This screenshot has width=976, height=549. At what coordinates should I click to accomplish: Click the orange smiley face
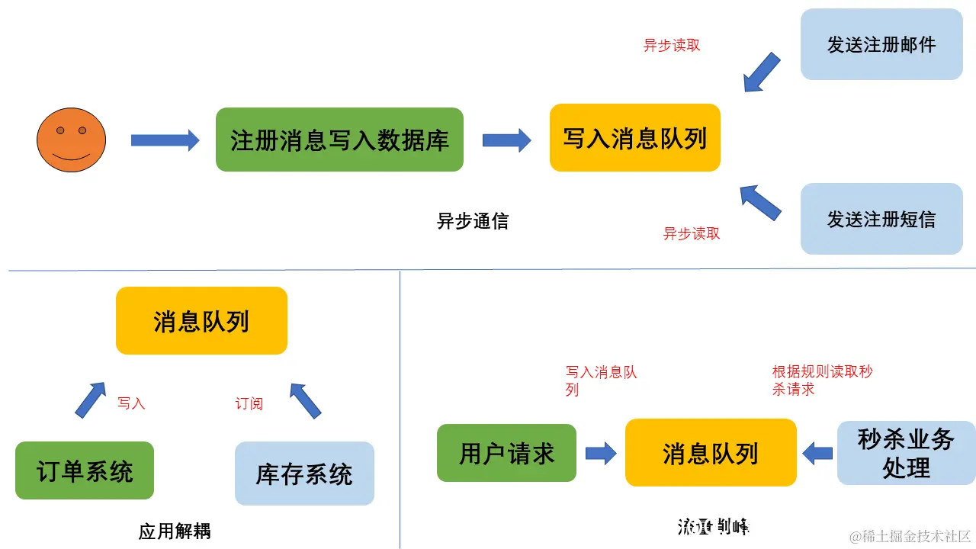click(x=71, y=140)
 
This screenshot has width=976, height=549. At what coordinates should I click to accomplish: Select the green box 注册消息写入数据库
click(x=339, y=140)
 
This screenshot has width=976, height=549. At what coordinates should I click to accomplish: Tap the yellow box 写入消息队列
click(x=634, y=138)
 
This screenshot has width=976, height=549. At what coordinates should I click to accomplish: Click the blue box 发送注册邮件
click(x=881, y=44)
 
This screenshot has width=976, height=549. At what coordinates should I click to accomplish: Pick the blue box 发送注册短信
click(x=881, y=219)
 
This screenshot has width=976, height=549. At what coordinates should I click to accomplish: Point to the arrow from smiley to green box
click(x=165, y=140)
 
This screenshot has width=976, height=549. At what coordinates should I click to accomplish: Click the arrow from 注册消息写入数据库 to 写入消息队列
click(x=506, y=140)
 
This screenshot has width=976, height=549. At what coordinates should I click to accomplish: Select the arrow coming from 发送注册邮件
click(x=761, y=72)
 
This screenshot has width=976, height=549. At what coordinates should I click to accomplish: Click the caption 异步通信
click(x=472, y=221)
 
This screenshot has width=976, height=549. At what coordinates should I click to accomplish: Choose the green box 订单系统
click(x=85, y=470)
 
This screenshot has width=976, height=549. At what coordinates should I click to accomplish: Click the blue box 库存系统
click(x=304, y=474)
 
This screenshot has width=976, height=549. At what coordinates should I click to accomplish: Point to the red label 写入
click(x=131, y=403)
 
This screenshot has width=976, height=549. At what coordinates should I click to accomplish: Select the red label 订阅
click(x=249, y=403)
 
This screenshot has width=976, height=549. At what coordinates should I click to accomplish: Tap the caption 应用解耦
click(x=175, y=531)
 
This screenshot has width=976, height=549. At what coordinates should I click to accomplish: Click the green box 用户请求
click(x=506, y=453)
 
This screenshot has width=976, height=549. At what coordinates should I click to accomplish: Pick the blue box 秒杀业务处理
click(x=906, y=453)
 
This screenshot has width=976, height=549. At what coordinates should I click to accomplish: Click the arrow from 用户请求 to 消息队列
click(x=601, y=453)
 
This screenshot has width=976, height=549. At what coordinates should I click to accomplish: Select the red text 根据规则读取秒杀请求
click(x=822, y=380)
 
